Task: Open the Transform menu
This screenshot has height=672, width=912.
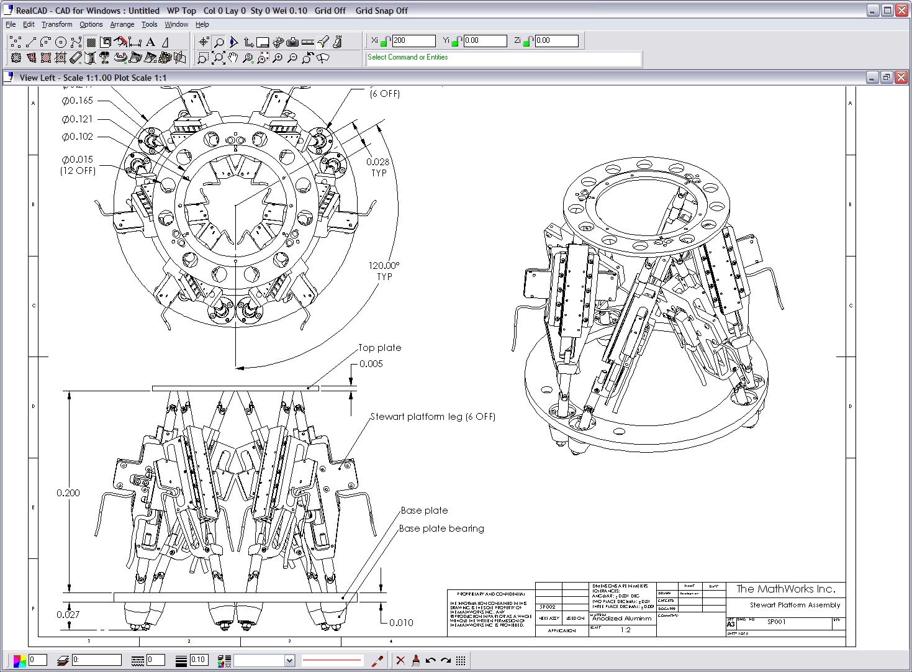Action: pyautogui.click(x=56, y=24)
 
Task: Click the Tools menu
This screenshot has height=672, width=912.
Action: pyautogui.click(x=149, y=24)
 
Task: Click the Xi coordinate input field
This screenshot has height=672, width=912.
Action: pyautogui.click(x=413, y=40)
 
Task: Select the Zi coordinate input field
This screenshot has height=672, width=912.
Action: pyautogui.click(x=556, y=40)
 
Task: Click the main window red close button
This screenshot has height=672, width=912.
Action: pyautogui.click(x=901, y=10)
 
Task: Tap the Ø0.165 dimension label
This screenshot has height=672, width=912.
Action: pyautogui.click(x=78, y=100)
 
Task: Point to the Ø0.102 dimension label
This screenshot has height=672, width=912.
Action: pyautogui.click(x=78, y=137)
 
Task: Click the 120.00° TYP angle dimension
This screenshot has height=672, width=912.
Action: pyautogui.click(x=384, y=271)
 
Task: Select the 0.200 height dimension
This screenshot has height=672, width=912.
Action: pyautogui.click(x=68, y=493)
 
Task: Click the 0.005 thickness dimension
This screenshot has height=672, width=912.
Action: pyautogui.click(x=371, y=364)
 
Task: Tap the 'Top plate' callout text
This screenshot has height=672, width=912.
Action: pyautogui.click(x=379, y=348)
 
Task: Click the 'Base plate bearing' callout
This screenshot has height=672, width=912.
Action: pyautogui.click(x=441, y=529)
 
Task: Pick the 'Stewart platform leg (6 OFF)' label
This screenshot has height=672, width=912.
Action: pyautogui.click(x=433, y=417)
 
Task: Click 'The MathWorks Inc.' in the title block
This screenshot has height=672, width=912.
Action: pyautogui.click(x=785, y=589)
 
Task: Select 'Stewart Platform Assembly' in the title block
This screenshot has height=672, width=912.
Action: pyautogui.click(x=795, y=605)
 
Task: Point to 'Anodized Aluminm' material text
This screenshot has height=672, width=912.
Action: pyautogui.click(x=622, y=618)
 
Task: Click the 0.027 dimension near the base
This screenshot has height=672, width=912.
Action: pyautogui.click(x=68, y=614)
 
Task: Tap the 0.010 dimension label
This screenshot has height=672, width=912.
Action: pyautogui.click(x=401, y=622)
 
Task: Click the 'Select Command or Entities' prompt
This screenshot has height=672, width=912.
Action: pyautogui.click(x=407, y=57)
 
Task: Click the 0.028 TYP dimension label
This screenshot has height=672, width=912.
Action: pyautogui.click(x=378, y=167)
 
